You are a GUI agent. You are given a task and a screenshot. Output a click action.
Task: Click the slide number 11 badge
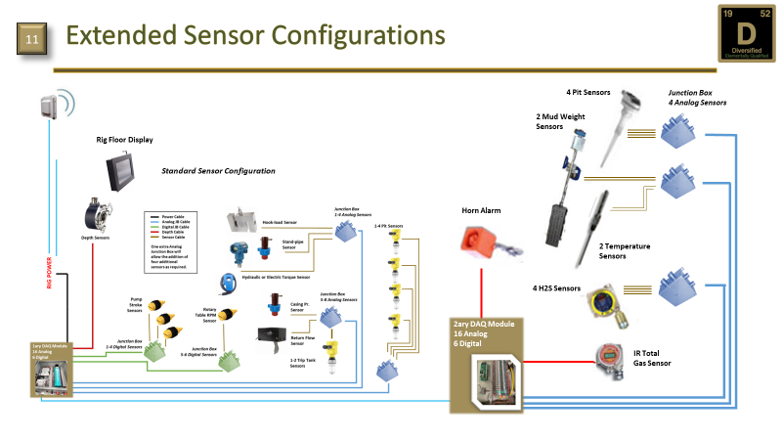tap(31, 40)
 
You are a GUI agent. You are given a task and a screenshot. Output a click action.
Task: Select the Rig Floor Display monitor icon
tap(123, 173)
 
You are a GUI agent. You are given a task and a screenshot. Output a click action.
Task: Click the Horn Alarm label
tap(481, 210)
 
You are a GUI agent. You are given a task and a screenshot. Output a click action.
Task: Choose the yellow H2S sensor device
tap(604, 303)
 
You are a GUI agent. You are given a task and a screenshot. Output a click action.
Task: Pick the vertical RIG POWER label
tap(49, 272)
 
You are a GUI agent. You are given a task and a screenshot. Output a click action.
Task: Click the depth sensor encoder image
tap(100, 214)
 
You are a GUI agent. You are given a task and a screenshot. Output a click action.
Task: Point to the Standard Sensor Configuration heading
tap(218, 171)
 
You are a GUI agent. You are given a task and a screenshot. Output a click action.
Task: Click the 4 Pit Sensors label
tap(588, 93)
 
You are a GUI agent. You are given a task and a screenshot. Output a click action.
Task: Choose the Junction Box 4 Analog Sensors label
tap(697, 97)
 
